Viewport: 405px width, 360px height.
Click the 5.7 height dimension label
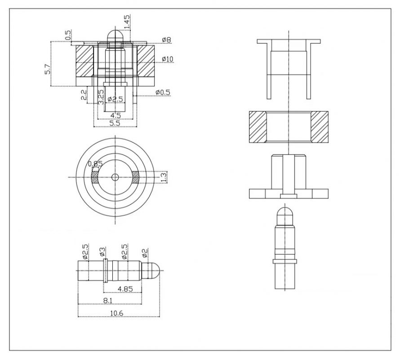(x=47, y=69)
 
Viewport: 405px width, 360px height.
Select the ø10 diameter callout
(x=168, y=59)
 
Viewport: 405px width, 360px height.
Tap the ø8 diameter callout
(x=167, y=40)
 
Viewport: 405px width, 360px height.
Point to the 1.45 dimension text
(x=127, y=22)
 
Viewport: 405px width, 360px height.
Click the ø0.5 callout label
(x=163, y=92)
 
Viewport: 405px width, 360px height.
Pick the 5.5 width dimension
(x=115, y=123)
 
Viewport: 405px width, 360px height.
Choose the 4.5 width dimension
(x=115, y=115)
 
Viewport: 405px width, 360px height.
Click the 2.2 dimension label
(x=84, y=94)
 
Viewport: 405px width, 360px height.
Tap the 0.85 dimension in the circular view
(x=95, y=164)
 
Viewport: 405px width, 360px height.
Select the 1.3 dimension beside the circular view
(x=164, y=177)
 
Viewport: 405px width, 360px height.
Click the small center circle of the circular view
(x=115, y=177)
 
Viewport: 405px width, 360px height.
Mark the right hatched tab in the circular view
(x=135, y=177)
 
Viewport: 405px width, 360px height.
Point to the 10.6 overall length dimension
(x=117, y=313)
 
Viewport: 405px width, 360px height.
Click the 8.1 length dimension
(x=108, y=301)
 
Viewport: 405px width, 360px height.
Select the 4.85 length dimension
(x=125, y=288)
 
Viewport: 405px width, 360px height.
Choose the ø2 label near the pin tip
(x=145, y=252)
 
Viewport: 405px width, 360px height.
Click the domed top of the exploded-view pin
(x=285, y=209)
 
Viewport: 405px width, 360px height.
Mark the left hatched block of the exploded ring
(x=258, y=127)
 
